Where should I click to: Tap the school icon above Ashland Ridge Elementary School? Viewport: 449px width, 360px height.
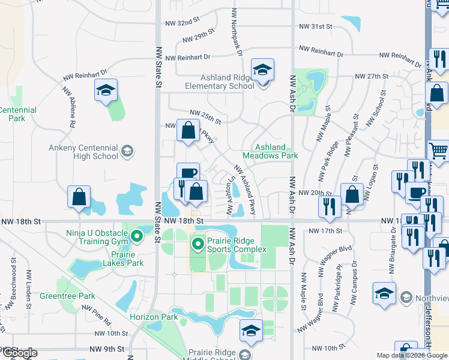point(262,71)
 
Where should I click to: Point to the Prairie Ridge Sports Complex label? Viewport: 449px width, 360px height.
point(236,245)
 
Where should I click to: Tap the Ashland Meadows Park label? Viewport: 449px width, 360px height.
point(276,151)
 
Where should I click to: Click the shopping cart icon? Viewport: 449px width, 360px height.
point(439,152)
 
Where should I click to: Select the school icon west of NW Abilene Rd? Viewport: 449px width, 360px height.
point(106,91)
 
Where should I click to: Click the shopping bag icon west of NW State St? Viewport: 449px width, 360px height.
point(79,197)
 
